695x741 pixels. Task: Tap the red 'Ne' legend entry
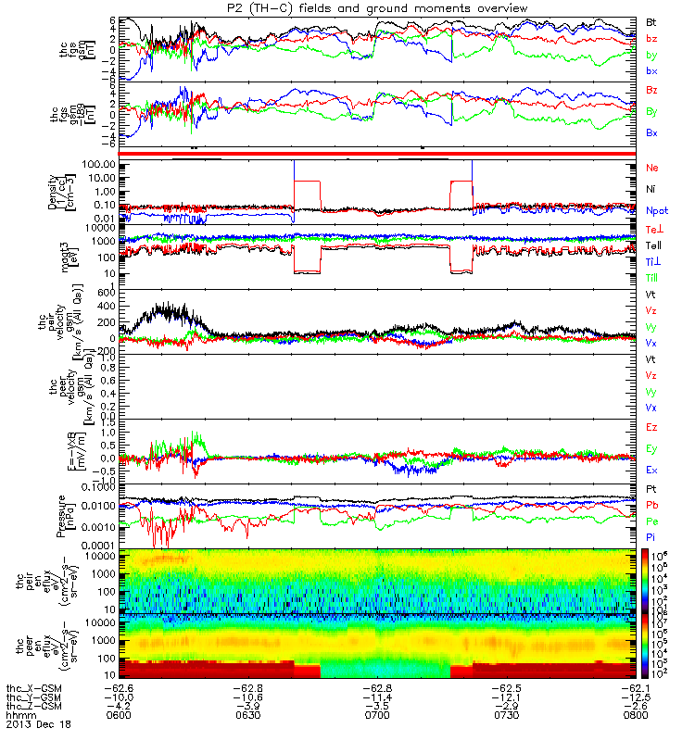[x=652, y=168]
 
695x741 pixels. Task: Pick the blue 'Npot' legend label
[x=657, y=210]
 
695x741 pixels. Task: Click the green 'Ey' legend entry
[x=652, y=448]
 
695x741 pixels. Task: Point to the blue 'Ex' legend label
[x=652, y=470]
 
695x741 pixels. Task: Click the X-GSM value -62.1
[x=637, y=687]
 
